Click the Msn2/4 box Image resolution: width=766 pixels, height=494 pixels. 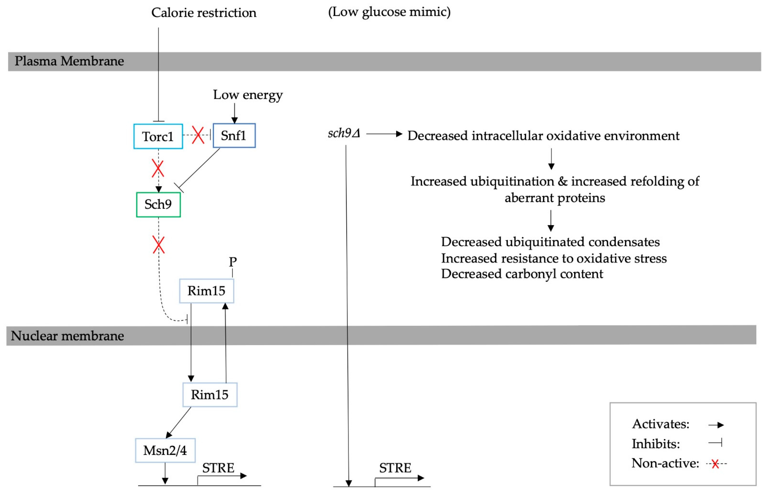pos(165,450)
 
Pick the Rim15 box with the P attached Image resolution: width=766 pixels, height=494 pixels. pos(206,291)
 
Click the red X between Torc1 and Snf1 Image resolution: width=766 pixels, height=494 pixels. pos(198,135)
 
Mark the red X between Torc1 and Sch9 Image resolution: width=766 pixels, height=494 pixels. pos(158,168)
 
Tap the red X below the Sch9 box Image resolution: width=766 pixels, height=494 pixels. pos(158,245)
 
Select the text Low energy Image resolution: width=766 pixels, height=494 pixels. pos(248,95)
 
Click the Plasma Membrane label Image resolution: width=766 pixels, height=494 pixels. pos(69,61)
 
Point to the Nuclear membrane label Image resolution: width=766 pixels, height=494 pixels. pos(67,336)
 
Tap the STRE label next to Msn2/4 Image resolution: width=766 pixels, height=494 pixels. pos(218,468)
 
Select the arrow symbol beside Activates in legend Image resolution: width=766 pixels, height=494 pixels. pos(716,425)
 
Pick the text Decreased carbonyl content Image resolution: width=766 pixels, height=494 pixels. pos(522,274)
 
